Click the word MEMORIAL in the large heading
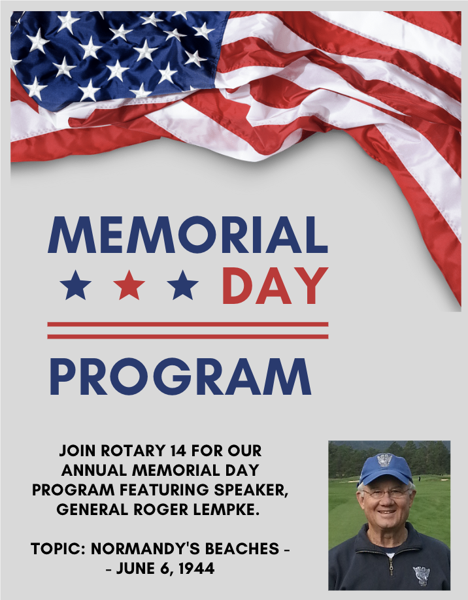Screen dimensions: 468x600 [188, 234]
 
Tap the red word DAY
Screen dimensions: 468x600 [275, 286]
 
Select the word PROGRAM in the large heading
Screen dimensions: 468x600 [180, 376]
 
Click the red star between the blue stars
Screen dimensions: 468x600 [129, 285]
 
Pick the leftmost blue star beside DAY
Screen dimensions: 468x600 [76, 285]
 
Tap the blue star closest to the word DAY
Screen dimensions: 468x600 [183, 285]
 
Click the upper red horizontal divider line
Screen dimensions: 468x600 [188, 324]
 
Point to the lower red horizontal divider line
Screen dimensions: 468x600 [188, 337]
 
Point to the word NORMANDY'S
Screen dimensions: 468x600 [145, 549]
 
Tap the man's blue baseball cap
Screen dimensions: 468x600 [384, 468]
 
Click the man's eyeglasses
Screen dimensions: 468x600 [386, 493]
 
